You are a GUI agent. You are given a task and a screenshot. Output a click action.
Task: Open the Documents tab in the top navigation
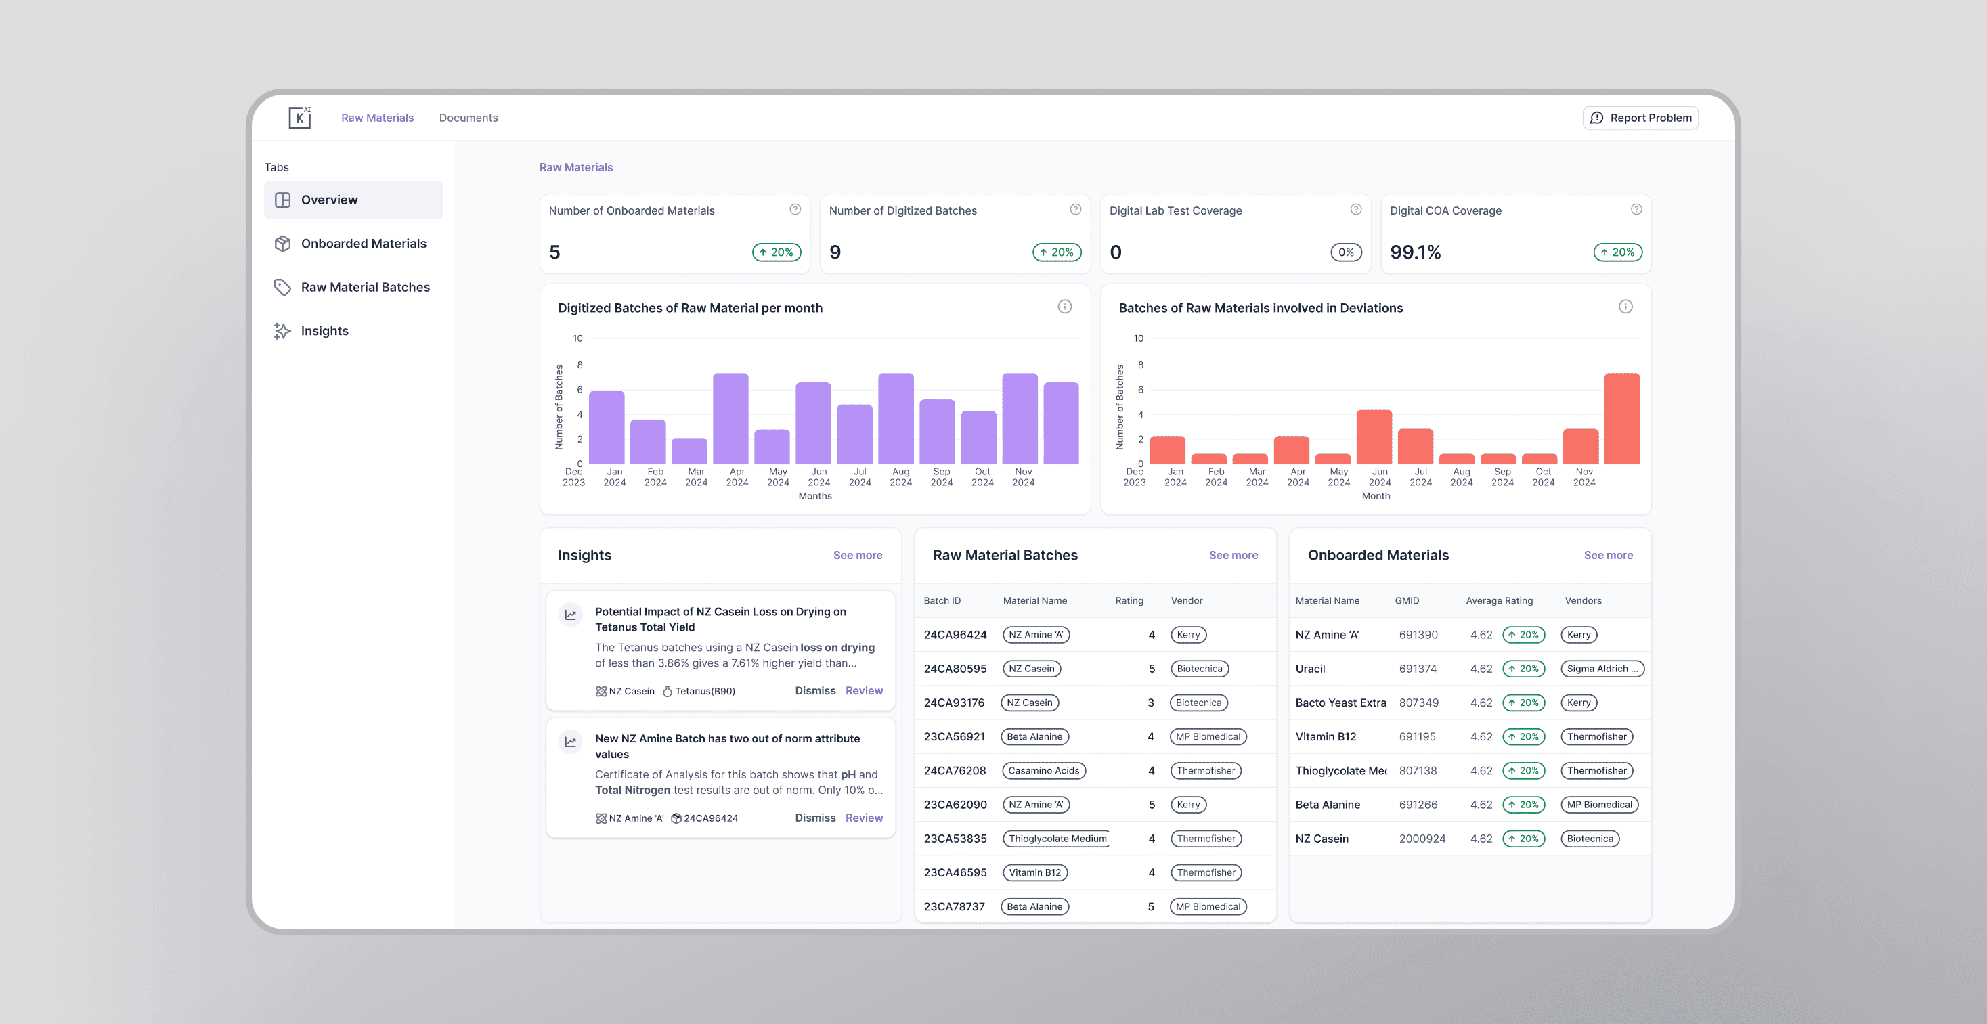(x=468, y=118)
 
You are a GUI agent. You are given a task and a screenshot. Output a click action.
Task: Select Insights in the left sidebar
(x=324, y=331)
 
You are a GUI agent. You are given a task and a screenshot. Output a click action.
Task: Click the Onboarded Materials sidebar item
(x=363, y=244)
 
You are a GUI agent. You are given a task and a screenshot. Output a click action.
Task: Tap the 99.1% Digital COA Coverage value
(x=1415, y=252)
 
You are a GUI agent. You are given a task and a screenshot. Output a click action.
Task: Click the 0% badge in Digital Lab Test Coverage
(x=1346, y=252)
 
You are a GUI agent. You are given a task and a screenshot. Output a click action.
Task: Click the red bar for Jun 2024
(x=1374, y=437)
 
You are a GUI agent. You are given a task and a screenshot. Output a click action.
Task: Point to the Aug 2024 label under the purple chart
(x=900, y=477)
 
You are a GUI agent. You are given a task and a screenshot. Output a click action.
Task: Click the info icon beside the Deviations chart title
(x=1625, y=307)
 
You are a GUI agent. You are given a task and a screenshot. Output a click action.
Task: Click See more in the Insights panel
(x=857, y=555)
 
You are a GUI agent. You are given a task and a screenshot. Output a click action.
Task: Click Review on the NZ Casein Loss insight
(x=863, y=691)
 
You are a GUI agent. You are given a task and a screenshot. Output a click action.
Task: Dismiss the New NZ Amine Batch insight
(x=814, y=818)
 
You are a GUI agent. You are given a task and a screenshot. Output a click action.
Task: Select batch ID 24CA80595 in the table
(x=955, y=669)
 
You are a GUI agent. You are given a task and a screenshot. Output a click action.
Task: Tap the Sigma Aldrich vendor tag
(x=1601, y=669)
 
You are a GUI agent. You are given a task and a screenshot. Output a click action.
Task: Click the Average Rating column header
(x=1499, y=601)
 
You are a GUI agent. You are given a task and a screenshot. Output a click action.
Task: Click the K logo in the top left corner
(x=299, y=117)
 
